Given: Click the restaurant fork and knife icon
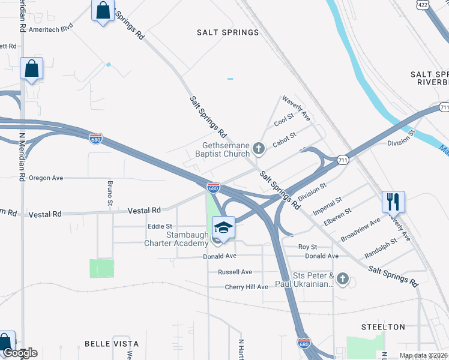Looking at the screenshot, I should click(393, 202).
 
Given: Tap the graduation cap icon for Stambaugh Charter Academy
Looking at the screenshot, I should click(223, 227).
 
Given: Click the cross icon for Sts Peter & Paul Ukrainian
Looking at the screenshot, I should click(342, 278).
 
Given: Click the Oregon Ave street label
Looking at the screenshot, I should click(46, 178).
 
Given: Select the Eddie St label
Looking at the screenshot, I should click(160, 226).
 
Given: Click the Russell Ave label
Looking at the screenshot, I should click(235, 272).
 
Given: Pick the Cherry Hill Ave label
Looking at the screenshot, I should click(246, 287).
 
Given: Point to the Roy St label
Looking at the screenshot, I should click(307, 247).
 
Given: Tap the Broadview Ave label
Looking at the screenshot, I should click(361, 229).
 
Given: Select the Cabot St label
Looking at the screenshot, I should click(285, 140).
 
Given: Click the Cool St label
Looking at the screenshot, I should click(283, 119).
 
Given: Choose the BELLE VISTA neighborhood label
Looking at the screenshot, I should click(112, 344).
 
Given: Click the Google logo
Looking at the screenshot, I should click(20, 353).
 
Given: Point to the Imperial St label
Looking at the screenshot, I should click(327, 205).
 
